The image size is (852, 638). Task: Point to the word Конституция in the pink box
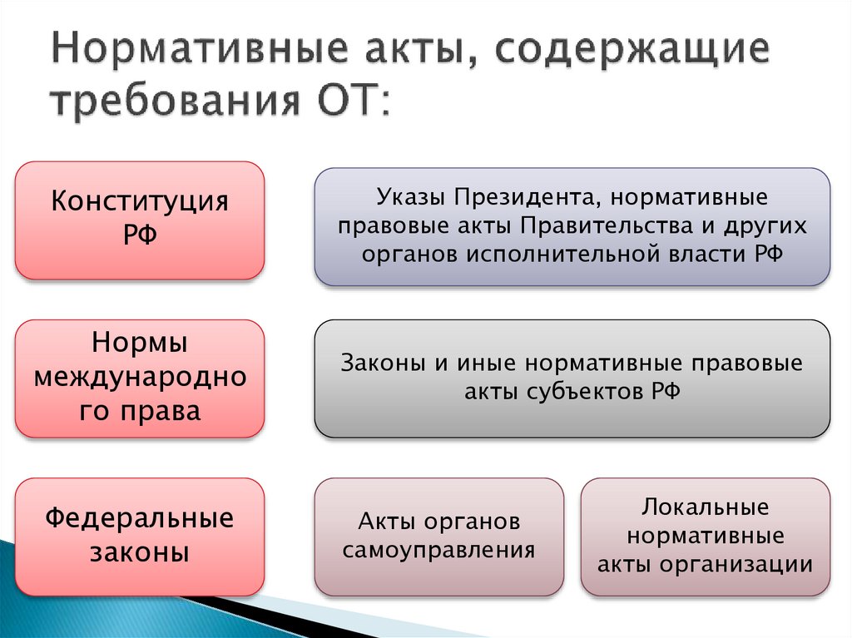(140, 202)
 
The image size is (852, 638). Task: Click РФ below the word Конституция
(140, 235)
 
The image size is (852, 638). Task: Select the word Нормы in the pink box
(140, 343)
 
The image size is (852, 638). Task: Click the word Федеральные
(140, 519)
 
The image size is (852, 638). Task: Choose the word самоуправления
(438, 550)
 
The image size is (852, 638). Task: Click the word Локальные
(705, 507)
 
